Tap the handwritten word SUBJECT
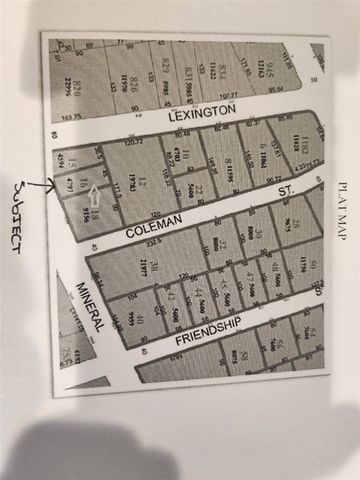tap(22, 214)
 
